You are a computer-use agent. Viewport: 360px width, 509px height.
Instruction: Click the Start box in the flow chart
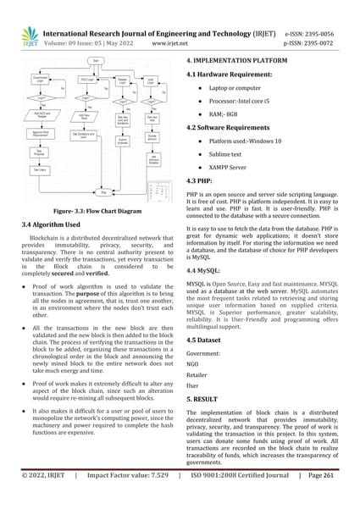coord(96,61)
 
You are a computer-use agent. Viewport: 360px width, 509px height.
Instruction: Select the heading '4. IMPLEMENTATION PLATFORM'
coord(238,63)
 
